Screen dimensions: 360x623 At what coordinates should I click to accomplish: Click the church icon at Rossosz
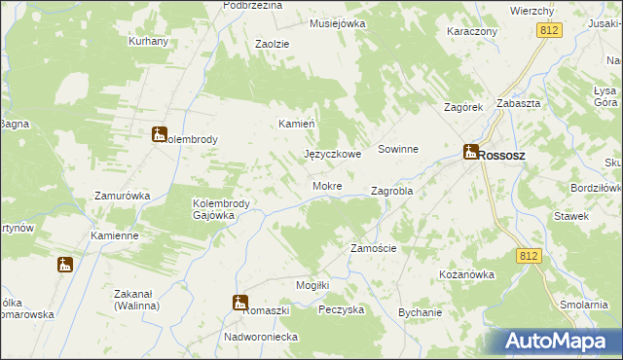[x=470, y=152]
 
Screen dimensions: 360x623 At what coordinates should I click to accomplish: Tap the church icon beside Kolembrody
[x=160, y=134]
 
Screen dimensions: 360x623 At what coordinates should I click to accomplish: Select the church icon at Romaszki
[x=239, y=303]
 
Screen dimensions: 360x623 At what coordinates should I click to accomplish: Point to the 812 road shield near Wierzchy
[x=548, y=31]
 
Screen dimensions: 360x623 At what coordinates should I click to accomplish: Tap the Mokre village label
[x=327, y=186]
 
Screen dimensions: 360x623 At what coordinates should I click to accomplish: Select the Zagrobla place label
[x=392, y=192]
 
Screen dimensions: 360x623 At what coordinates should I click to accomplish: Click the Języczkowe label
[x=333, y=155]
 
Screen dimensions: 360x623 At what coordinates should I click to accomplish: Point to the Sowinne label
[x=398, y=150]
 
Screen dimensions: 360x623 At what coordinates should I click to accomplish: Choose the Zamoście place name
[x=373, y=248]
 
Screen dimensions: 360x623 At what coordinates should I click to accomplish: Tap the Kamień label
[x=297, y=125]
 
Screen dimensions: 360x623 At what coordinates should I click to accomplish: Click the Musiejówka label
[x=337, y=22]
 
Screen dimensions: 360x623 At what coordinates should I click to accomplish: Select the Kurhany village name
[x=149, y=42]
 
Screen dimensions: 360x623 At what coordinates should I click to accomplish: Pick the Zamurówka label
[x=122, y=196]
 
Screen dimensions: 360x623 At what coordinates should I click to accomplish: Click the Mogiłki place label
[x=314, y=284]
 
